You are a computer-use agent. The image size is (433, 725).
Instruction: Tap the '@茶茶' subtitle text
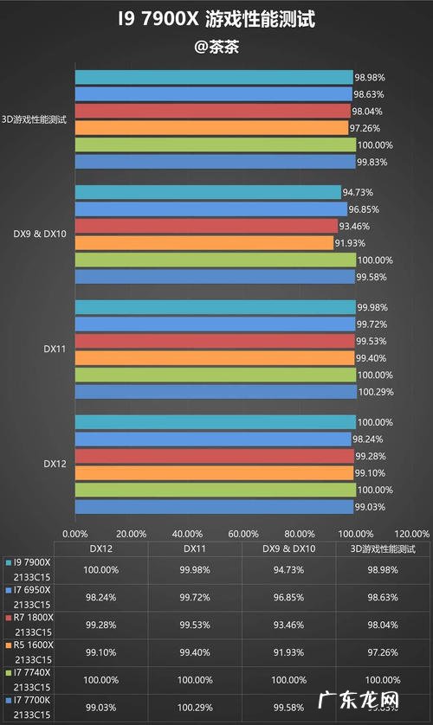[x=216, y=47]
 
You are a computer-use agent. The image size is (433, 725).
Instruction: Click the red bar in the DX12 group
[x=214, y=456]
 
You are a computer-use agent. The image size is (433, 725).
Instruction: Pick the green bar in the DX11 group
[x=216, y=375]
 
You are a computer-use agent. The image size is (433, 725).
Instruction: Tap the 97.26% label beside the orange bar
[x=367, y=128]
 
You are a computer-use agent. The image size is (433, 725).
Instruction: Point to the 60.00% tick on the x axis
[x=243, y=533]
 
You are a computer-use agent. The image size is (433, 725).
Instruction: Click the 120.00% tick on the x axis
[x=410, y=533]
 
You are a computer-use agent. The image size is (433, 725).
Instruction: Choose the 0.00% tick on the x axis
[x=76, y=533]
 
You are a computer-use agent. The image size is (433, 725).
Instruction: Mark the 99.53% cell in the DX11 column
[x=194, y=625]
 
